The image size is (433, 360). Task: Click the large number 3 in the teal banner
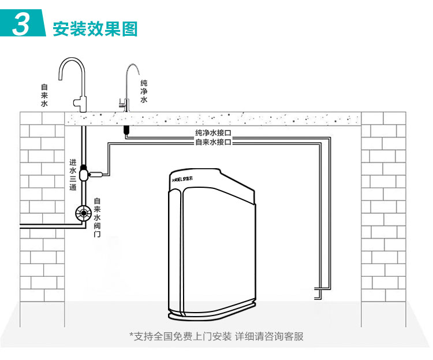(21, 23)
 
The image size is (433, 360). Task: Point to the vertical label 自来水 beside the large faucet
(44, 95)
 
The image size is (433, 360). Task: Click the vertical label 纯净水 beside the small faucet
(144, 91)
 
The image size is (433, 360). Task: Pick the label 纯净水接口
(213, 133)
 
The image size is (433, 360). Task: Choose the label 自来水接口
(213, 142)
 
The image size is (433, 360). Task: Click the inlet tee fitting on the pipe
(84, 174)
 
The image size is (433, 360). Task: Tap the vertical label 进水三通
(73, 175)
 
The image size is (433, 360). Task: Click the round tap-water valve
(83, 213)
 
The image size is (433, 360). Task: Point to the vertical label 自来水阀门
(97, 217)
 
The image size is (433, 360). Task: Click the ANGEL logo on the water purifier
(182, 179)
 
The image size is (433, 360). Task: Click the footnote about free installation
(216, 336)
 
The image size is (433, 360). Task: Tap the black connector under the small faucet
(126, 130)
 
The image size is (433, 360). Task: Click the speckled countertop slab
(212, 118)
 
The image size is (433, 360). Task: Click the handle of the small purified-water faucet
(121, 103)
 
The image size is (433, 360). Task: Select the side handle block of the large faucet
(76, 103)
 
